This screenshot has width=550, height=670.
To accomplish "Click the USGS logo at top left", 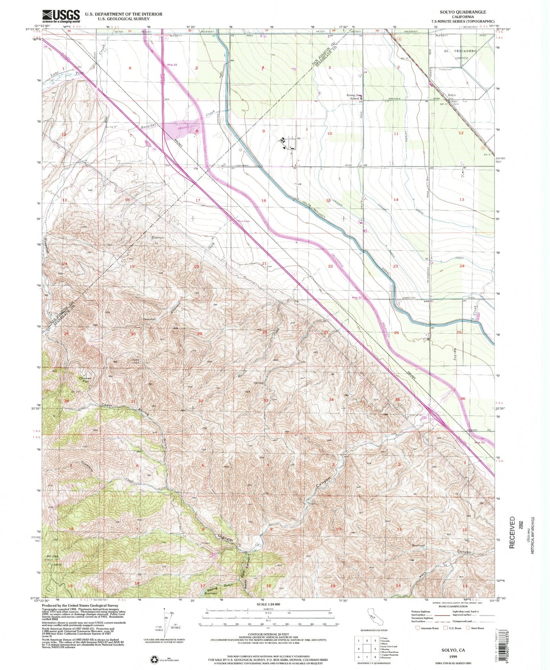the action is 61,16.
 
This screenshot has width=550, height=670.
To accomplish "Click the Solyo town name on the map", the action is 451,95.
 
